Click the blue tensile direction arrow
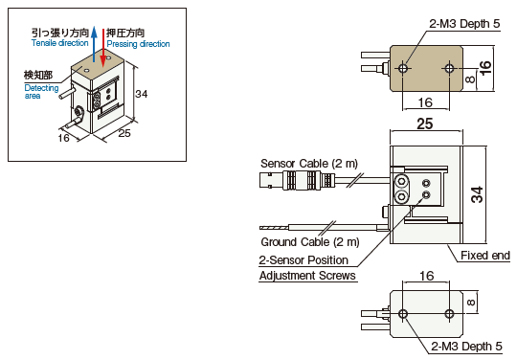pos(94,44)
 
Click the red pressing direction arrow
pos(103,47)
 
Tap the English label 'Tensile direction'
pos(60,43)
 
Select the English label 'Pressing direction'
pos(138,44)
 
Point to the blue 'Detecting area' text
pos(41,92)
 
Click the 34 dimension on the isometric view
pos(142,94)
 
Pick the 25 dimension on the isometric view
pos(124,133)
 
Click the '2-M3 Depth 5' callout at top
pos(464,24)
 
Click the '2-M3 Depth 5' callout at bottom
pos(466,347)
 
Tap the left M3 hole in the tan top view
pos(403,69)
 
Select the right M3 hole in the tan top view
pos(449,68)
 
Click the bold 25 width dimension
pos(425,124)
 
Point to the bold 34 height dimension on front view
pos(477,194)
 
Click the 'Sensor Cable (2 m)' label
pos(309,164)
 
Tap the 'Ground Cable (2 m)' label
pos(310,242)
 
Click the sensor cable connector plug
pos(298,181)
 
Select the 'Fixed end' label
pos(485,256)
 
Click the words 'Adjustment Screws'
pos(307,276)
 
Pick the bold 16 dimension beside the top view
pos(485,68)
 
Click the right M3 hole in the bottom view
pos(449,313)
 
